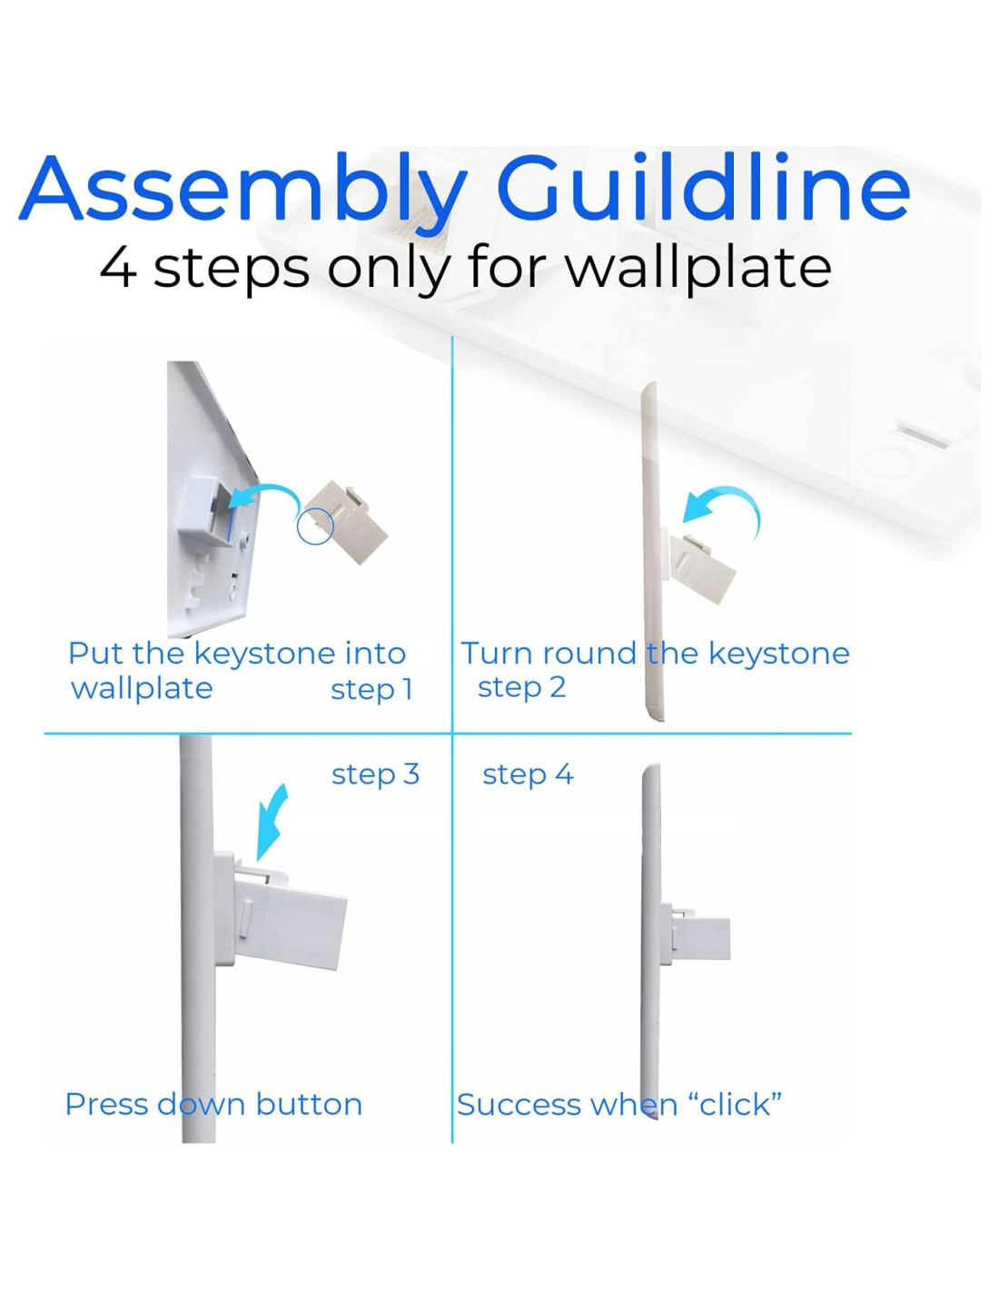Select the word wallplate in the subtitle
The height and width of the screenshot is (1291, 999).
click(697, 270)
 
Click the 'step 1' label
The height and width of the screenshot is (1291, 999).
click(371, 690)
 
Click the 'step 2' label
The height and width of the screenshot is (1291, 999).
click(522, 688)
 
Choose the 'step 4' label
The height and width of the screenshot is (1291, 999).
click(528, 775)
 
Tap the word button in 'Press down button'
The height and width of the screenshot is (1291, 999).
click(309, 1105)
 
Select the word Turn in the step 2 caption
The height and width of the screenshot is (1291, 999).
click(496, 654)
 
